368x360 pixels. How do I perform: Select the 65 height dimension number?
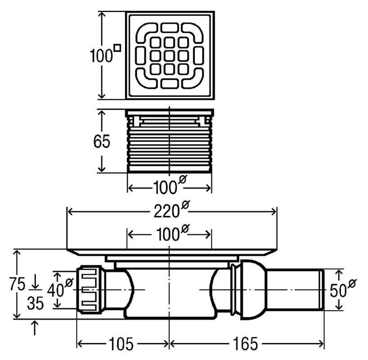pyautogui.click(x=102, y=142)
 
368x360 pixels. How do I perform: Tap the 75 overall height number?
pyautogui.click(x=17, y=283)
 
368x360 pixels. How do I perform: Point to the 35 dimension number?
pyautogui.click(x=36, y=303)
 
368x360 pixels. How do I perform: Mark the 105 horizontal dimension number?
pyautogui.click(x=121, y=345)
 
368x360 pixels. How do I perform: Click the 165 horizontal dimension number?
pyautogui.click(x=245, y=344)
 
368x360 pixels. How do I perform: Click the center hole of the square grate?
pyautogui.click(x=169, y=56)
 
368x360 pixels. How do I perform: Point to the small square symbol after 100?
pyautogui.click(x=117, y=48)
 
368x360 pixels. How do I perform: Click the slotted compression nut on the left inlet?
pyautogui.click(x=90, y=290)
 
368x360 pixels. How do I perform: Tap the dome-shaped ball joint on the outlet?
pyautogui.click(x=253, y=290)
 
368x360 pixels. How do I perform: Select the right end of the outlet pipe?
pyautogui.click(x=323, y=290)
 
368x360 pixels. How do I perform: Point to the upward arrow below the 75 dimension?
pyautogui.click(x=35, y=327)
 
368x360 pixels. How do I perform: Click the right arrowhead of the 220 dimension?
pyautogui.click(x=274, y=212)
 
